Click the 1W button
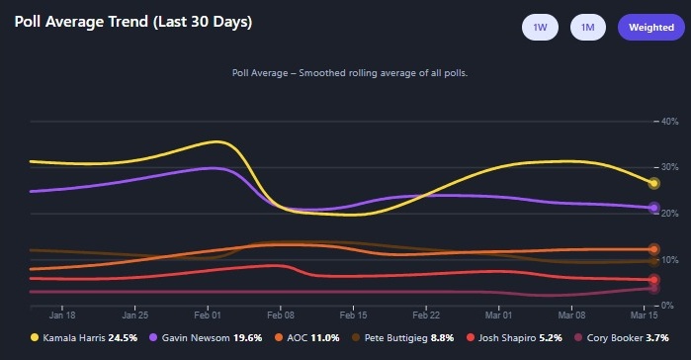click(x=540, y=28)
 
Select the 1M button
click(x=588, y=28)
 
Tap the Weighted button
click(x=645, y=28)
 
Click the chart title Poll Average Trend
click(x=133, y=22)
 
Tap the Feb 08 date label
click(x=281, y=316)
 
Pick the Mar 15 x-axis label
click(x=646, y=316)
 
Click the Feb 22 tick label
click(x=426, y=316)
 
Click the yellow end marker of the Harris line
click(x=653, y=183)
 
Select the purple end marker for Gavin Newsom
click(x=653, y=208)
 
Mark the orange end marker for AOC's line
click(x=653, y=249)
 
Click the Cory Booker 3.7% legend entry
click(x=619, y=338)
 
